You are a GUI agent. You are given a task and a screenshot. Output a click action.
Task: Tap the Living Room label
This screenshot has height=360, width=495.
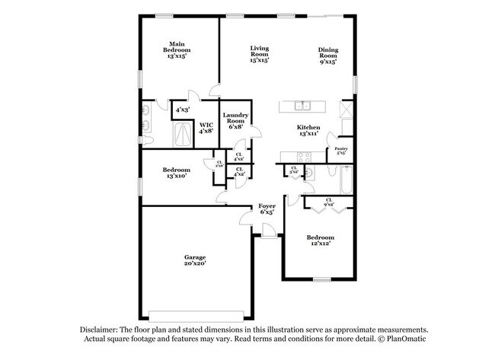click(260, 53)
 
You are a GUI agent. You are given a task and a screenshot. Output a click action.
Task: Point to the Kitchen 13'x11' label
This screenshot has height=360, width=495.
click(308, 130)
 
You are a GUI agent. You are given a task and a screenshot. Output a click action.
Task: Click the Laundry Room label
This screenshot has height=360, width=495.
click(234, 119)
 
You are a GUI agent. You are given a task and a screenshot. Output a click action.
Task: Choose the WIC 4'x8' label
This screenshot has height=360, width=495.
click(206, 128)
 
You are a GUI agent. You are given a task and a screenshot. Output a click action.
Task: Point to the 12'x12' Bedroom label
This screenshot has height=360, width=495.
click(321, 241)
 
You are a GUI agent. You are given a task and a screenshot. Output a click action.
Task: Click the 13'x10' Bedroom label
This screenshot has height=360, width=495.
click(175, 172)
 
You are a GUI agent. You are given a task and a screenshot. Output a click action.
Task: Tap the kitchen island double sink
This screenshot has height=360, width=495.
click(302, 106)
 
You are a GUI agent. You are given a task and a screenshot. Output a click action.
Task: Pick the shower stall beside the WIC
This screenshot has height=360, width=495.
click(183, 135)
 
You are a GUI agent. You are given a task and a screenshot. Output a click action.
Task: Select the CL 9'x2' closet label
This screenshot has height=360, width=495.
click(328, 202)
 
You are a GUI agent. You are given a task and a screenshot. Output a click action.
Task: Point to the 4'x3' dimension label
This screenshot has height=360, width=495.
click(183, 110)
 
